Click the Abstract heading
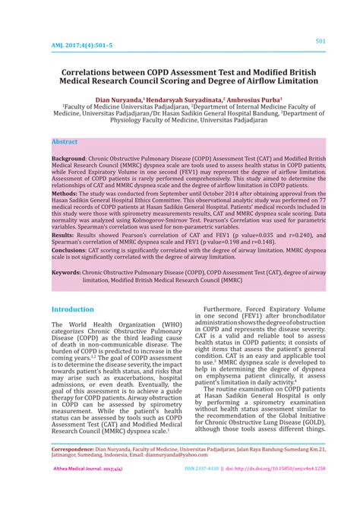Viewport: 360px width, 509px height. coord(65,142)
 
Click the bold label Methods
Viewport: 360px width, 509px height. coord(64,194)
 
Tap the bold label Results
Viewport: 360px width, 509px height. coord(63,236)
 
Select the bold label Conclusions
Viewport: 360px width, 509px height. coord(68,250)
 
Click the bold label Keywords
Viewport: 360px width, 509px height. coord(66,272)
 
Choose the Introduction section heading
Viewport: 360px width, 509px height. coord(73,310)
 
